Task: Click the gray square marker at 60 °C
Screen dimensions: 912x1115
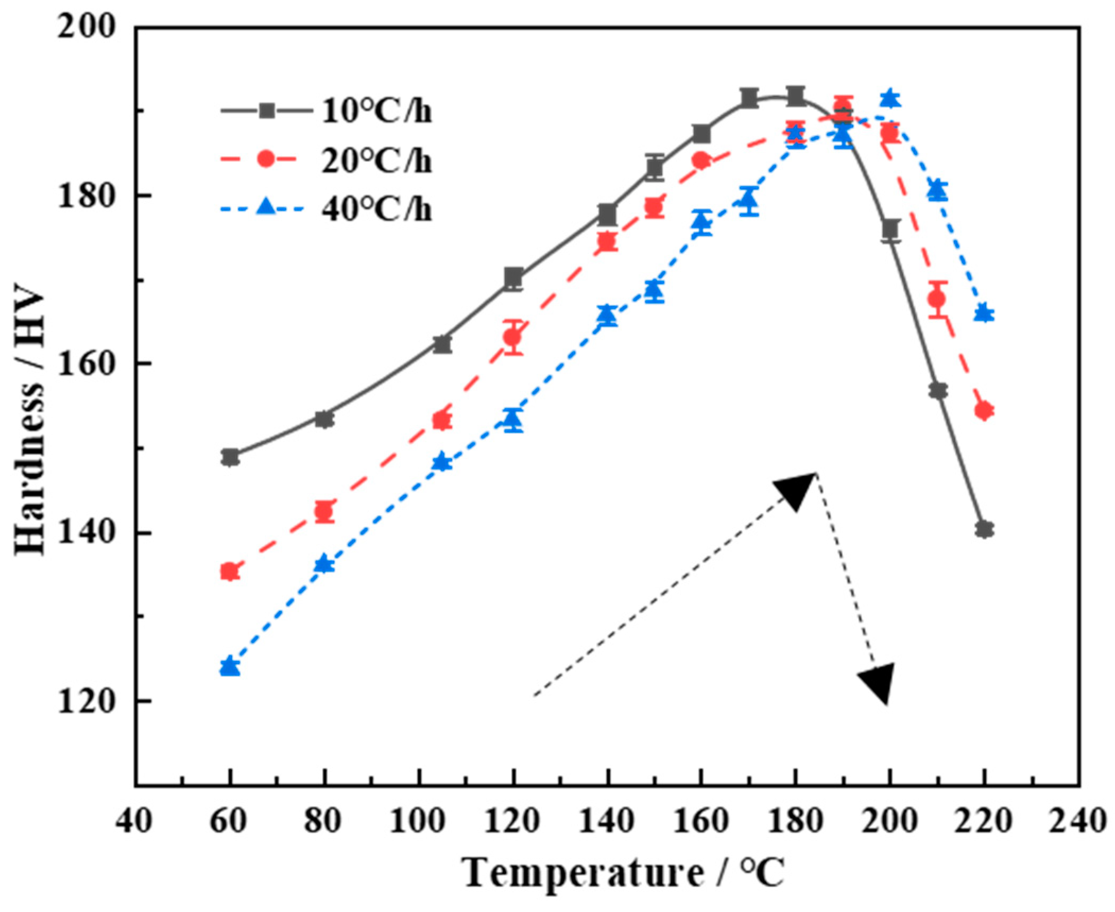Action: tap(230, 457)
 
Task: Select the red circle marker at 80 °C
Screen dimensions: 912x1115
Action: tap(324, 512)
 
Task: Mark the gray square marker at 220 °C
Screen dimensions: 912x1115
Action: tap(984, 529)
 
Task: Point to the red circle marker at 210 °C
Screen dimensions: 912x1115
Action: tap(937, 299)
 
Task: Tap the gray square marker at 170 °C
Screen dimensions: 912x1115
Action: tap(749, 98)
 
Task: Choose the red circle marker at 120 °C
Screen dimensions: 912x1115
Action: tap(513, 337)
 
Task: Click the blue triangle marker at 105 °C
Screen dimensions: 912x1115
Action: tap(442, 462)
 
